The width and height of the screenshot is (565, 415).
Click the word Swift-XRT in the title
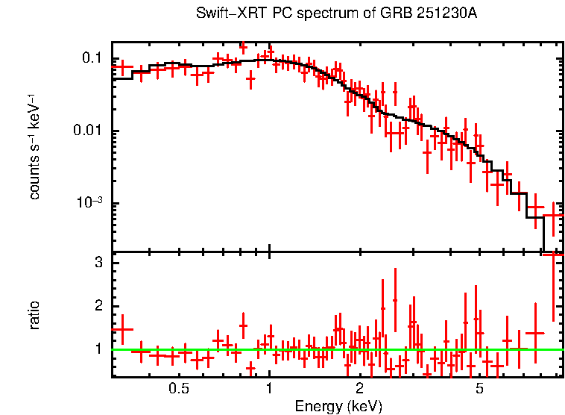point(224,13)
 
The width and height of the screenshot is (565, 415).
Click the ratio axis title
point(34,315)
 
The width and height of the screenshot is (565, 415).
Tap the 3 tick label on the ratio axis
point(98,263)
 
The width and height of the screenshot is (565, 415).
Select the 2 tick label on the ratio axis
point(98,306)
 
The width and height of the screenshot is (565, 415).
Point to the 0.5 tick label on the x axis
point(178,388)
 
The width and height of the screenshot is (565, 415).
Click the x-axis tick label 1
point(269,388)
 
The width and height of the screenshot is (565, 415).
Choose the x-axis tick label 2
point(359,388)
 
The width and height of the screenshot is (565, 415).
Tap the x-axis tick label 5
point(479,388)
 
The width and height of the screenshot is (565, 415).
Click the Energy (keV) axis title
point(338,406)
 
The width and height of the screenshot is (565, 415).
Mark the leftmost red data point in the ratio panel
point(121,329)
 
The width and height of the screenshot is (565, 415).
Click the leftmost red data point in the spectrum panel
point(121,67)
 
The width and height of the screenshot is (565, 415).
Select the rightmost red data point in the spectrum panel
point(553,215)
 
